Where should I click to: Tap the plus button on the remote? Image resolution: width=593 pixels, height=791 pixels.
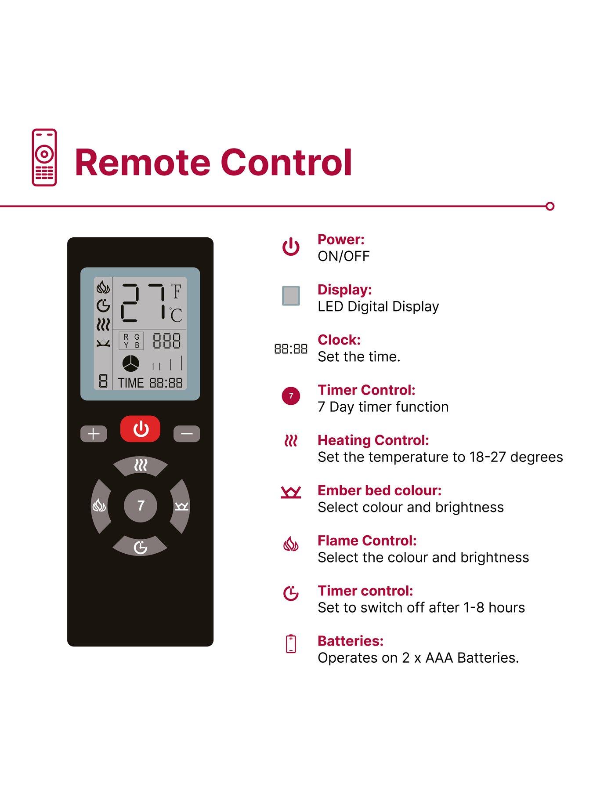pos(94,434)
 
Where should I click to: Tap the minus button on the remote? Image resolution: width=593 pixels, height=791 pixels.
pos(187,434)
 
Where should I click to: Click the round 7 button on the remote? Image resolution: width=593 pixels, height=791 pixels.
pos(141,506)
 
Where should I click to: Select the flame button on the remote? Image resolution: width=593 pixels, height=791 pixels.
pos(101,506)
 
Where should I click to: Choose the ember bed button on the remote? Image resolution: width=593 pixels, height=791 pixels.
pos(181,506)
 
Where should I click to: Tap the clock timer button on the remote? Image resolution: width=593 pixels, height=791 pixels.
pos(140,546)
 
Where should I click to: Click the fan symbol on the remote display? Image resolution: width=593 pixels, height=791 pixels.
pos(130,364)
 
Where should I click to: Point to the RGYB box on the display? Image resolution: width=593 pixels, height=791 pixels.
pos(131,341)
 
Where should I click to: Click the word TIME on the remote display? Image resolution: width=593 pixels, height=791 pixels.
pos(131,383)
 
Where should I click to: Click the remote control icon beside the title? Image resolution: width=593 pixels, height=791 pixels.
pos(44,157)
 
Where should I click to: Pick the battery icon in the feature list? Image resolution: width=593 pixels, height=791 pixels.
pos(291,644)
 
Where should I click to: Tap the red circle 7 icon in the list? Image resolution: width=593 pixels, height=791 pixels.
pos(291,396)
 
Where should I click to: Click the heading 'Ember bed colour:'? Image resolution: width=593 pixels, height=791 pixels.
pos(380,490)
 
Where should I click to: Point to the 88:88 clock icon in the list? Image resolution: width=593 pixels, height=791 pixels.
pos(291,349)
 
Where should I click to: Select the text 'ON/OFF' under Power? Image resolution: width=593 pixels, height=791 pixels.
pos(344,256)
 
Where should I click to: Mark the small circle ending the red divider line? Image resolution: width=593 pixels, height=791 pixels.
pos(550,206)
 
